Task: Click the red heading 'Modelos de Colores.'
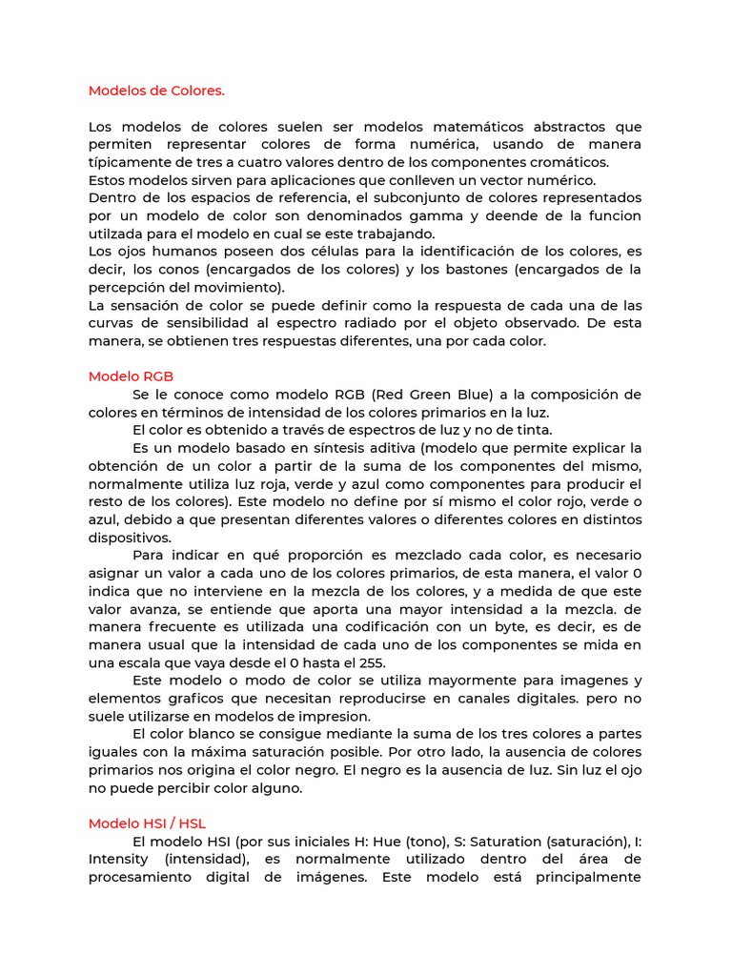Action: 156,91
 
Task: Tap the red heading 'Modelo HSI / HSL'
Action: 147,823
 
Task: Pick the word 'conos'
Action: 153,270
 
